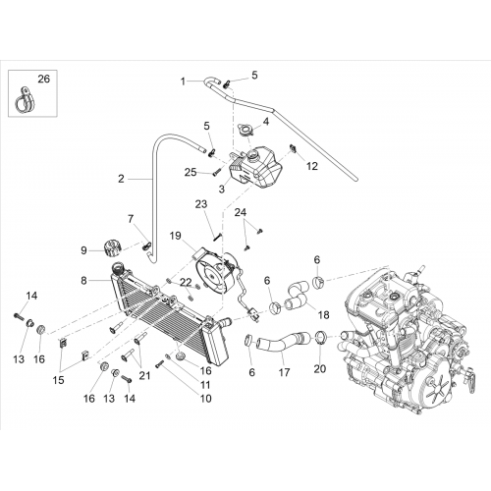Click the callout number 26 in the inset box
point(44,80)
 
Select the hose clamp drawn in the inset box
point(25,100)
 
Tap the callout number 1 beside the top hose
point(183,82)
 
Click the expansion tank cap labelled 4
point(245,129)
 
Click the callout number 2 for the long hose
point(121,179)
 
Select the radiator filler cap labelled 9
point(112,249)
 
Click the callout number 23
point(201,204)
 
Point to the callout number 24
point(241,212)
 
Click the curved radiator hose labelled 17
point(283,343)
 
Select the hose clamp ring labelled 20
point(320,338)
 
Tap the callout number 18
point(323,315)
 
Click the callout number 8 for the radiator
point(83,281)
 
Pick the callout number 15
point(58,380)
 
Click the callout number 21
point(144,375)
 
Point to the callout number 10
point(206,399)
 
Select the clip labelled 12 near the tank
point(294,149)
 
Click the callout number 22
point(186,282)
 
